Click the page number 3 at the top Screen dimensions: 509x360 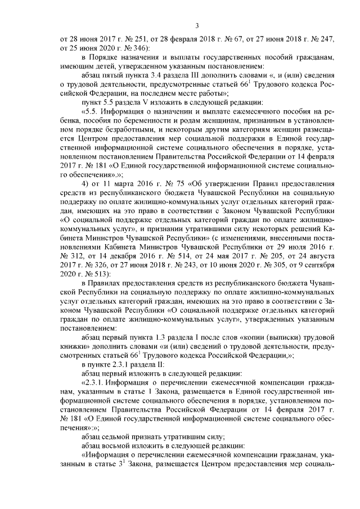click(x=180, y=25)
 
